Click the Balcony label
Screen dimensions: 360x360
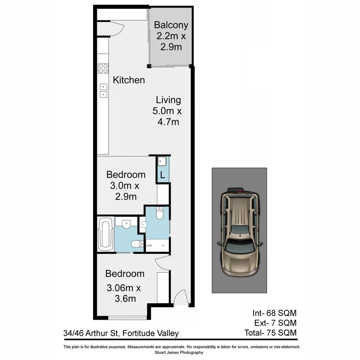point(171,25)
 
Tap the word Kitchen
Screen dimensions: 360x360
point(129,80)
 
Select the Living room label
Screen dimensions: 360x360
point(168,100)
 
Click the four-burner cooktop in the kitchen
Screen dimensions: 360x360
point(103,68)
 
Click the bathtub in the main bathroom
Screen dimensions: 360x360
point(105,234)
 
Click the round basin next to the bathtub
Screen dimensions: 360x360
point(126,225)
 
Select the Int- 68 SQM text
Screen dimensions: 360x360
point(274,313)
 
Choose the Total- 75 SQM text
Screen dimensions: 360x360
point(270,333)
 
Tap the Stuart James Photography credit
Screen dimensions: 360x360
point(179,352)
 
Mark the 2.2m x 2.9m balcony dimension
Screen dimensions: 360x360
point(171,41)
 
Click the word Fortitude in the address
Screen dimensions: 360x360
point(138,333)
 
